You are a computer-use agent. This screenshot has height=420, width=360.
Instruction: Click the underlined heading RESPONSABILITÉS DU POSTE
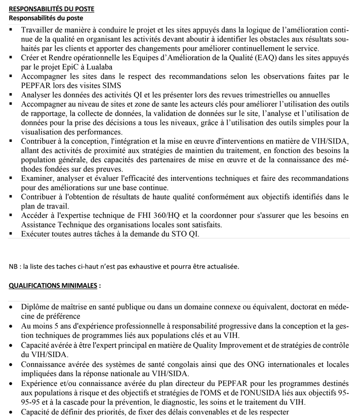(x=51, y=9)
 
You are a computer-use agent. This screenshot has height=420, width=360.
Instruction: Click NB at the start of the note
(x=13, y=266)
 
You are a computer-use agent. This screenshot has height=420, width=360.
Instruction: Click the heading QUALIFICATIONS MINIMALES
(x=52, y=286)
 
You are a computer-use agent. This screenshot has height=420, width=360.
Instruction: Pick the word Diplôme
(x=36, y=307)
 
